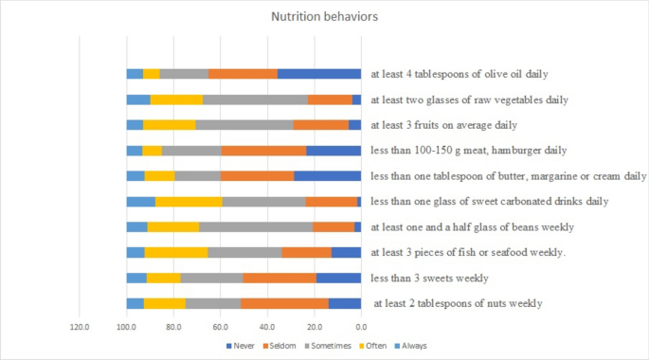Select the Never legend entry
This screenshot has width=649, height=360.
point(245,347)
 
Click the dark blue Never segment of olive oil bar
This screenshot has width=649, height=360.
point(319,74)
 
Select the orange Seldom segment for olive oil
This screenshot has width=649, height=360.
point(243,74)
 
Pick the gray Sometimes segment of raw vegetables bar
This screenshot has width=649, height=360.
point(255,99)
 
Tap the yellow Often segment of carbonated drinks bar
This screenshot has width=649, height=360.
point(189,201)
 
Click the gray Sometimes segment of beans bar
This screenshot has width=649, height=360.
point(256,226)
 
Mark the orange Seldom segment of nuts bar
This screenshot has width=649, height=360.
point(284,303)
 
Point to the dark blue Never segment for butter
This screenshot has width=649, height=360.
point(327,175)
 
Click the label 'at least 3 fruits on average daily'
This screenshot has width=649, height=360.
point(457,124)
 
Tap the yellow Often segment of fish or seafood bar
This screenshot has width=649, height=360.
point(175,252)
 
